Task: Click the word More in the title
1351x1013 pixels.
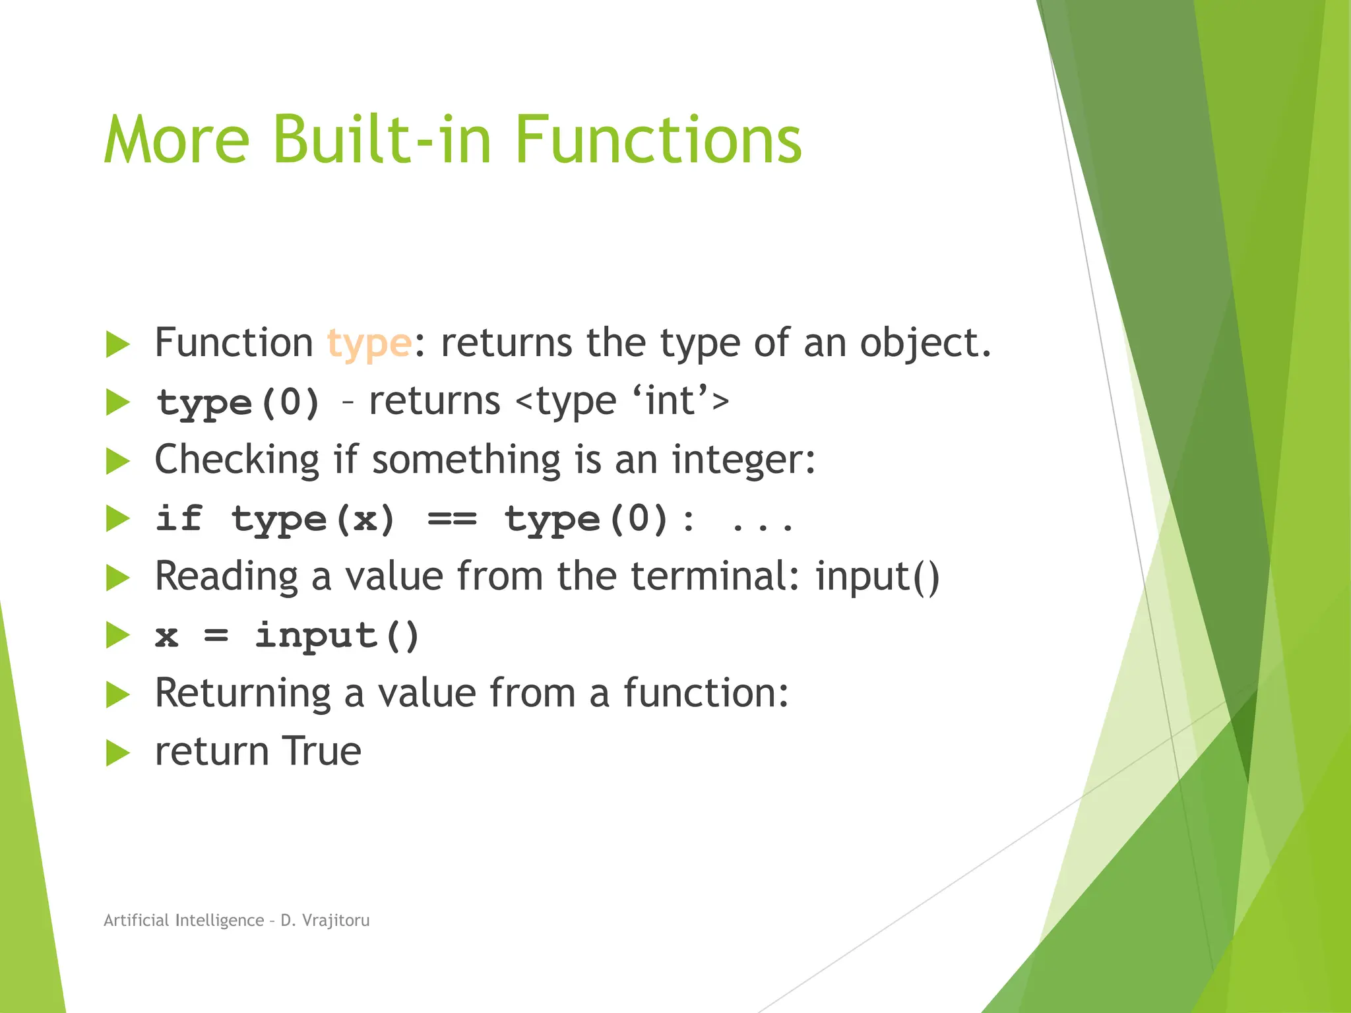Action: tap(177, 140)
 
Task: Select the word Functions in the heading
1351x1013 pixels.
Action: tap(657, 140)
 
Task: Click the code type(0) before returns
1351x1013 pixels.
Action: tap(238, 402)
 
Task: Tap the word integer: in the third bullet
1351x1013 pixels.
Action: tap(743, 460)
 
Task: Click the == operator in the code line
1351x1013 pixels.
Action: tap(452, 519)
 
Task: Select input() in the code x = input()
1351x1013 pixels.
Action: tap(337, 636)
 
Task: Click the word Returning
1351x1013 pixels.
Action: tap(242, 694)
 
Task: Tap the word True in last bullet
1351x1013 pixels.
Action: tap(322, 752)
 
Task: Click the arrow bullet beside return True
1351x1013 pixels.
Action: tap(118, 753)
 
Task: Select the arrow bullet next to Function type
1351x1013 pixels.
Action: tap(118, 344)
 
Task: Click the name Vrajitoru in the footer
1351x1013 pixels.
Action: tap(335, 921)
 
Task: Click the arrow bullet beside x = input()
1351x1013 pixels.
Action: tap(118, 636)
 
